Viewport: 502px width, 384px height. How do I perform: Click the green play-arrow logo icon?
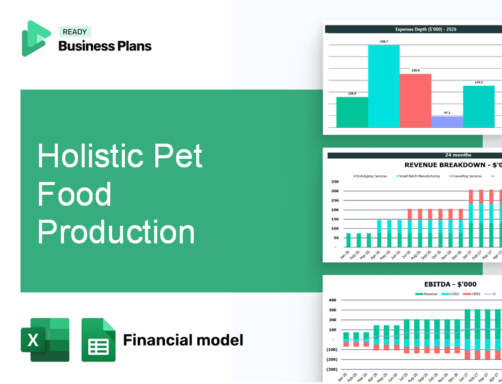[35, 38]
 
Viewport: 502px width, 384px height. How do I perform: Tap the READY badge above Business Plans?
[74, 32]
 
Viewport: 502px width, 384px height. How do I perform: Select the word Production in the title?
[116, 232]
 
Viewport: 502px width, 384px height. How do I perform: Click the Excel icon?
[45, 340]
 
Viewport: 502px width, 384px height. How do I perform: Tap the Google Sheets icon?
[98, 340]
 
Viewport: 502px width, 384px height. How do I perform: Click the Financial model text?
[183, 340]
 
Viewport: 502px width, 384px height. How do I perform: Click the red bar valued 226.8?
[415, 100]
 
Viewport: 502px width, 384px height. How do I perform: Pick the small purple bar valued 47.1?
[447, 122]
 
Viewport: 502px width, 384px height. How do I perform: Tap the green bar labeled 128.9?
[352, 112]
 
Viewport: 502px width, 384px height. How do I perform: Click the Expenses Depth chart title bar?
[412, 29]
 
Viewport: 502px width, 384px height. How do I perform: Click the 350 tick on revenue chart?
[334, 182]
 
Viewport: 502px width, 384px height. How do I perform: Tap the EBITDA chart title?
[450, 284]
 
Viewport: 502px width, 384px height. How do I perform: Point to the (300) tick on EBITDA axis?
[331, 369]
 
